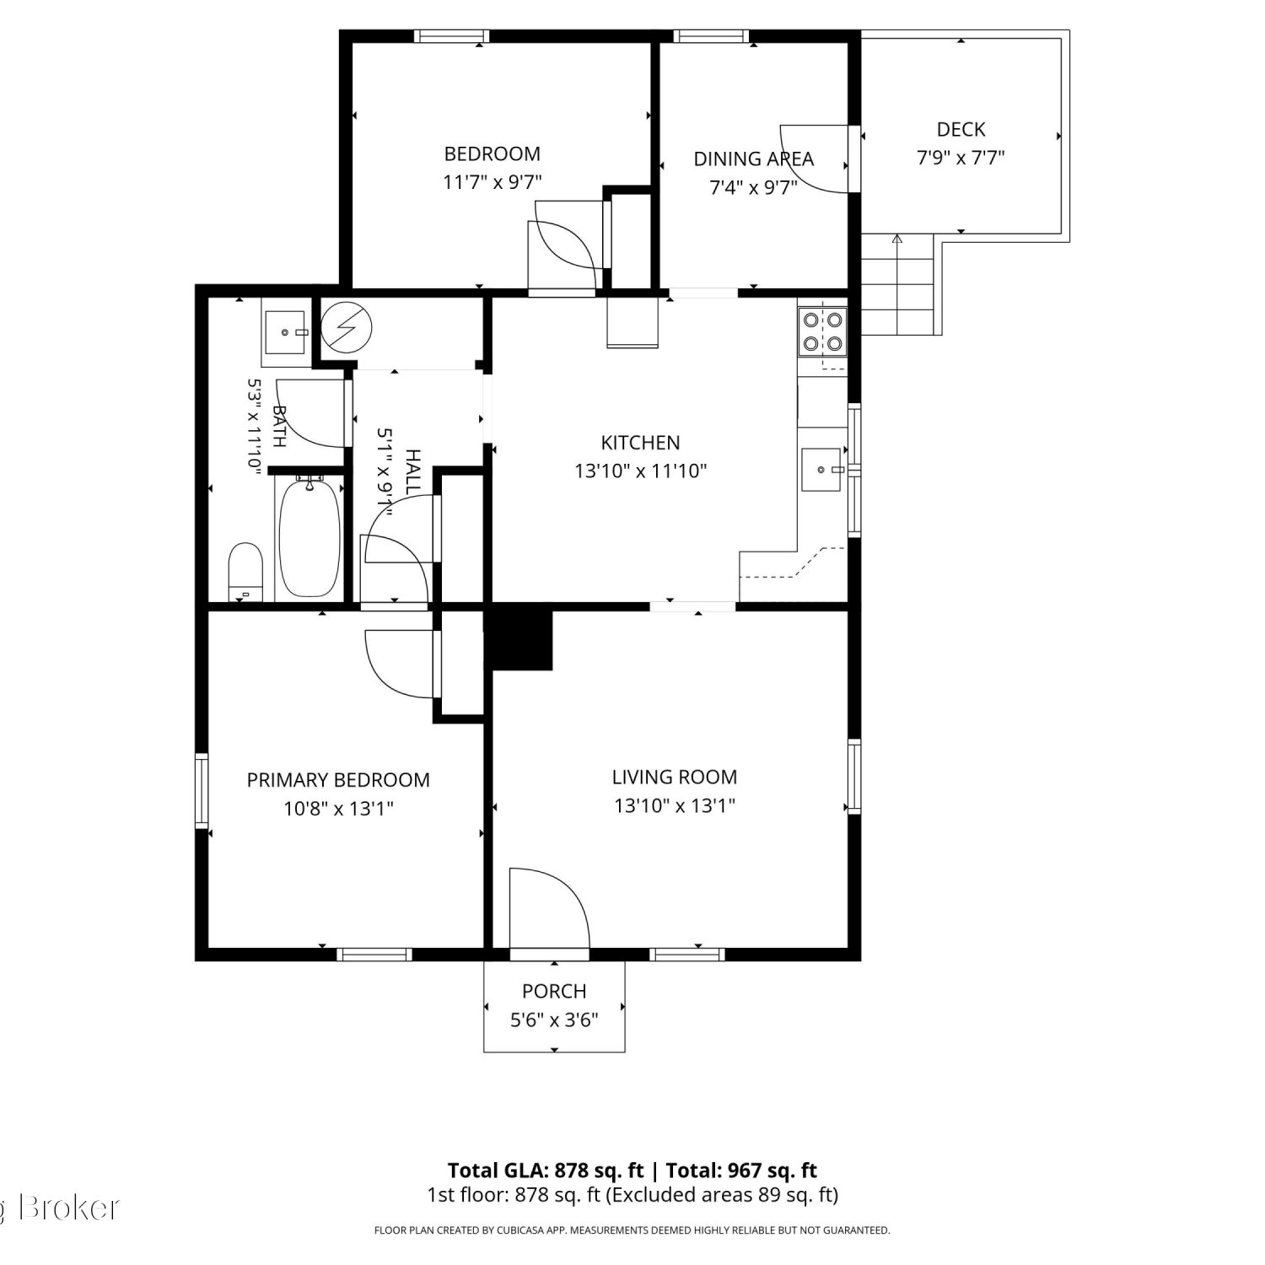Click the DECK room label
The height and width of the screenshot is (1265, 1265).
pos(961,129)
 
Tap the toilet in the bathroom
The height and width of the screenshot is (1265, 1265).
pos(245,571)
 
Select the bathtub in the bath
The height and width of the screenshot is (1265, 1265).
pos(310,537)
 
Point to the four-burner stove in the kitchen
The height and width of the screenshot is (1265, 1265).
pos(822,331)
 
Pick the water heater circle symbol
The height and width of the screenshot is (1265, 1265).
pos(347,327)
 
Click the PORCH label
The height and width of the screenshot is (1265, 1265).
pos(554,991)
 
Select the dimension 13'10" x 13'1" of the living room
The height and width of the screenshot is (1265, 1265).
pos(675,805)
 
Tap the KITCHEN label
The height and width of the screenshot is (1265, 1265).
pos(640,443)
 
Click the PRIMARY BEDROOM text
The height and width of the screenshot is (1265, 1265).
pos(338,780)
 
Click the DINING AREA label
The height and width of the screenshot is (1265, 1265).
pos(753,159)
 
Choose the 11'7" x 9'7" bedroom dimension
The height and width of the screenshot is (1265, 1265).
pos(493,181)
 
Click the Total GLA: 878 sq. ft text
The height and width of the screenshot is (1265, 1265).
pos(546,1171)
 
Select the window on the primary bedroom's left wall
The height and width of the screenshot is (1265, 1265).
pos(202,790)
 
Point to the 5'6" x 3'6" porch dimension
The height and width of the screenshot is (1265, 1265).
pos(554,1020)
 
